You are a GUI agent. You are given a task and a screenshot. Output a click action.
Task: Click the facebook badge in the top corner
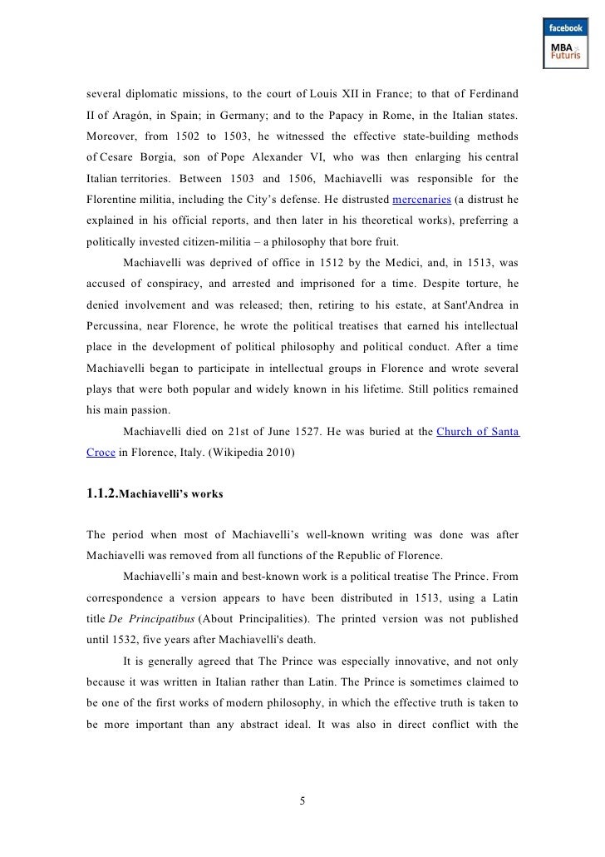click(564, 27)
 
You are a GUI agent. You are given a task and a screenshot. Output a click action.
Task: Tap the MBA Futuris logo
click(564, 54)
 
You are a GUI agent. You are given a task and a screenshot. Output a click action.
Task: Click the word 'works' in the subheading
click(204, 496)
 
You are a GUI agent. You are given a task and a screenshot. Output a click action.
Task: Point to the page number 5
click(302, 801)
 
